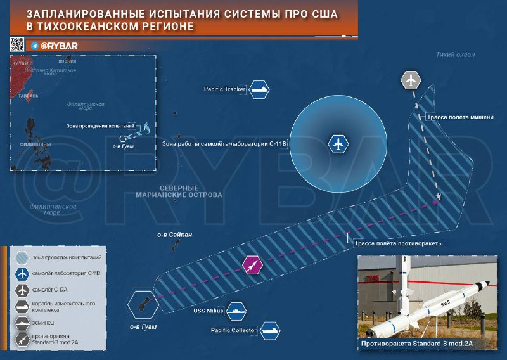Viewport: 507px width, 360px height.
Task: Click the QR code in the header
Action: pyautogui.click(x=16, y=44)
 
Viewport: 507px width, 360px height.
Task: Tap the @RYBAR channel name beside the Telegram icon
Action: pyautogui.click(x=59, y=46)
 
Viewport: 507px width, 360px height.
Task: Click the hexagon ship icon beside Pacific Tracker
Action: pyautogui.click(x=259, y=90)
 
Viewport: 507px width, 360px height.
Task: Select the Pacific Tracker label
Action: pyautogui.click(x=224, y=90)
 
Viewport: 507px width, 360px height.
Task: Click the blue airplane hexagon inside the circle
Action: pyautogui.click(x=338, y=145)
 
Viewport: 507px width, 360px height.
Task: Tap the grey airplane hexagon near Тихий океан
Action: pyautogui.click(x=411, y=81)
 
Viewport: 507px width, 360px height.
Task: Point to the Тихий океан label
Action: pyautogui.click(x=455, y=55)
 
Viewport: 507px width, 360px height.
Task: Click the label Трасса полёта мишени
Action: pyautogui.click(x=459, y=117)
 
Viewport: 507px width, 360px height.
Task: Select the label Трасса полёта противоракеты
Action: pyautogui.click(x=396, y=243)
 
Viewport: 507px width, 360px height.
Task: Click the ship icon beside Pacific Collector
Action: pyautogui.click(x=269, y=330)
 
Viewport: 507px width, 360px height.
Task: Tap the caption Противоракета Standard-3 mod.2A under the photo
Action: pyautogui.click(x=417, y=344)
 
